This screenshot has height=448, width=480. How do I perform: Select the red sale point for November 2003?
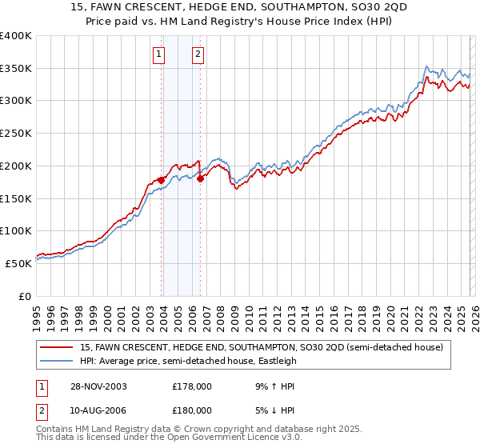(x=162, y=180)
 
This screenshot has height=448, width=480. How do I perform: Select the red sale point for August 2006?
(x=200, y=178)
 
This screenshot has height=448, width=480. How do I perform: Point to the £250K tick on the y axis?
(x=17, y=133)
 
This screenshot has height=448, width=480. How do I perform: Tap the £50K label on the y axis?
(x=19, y=263)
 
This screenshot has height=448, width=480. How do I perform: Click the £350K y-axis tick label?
(x=17, y=68)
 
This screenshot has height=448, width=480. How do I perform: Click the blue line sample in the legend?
(x=58, y=361)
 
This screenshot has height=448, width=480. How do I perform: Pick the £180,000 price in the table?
(x=192, y=410)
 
